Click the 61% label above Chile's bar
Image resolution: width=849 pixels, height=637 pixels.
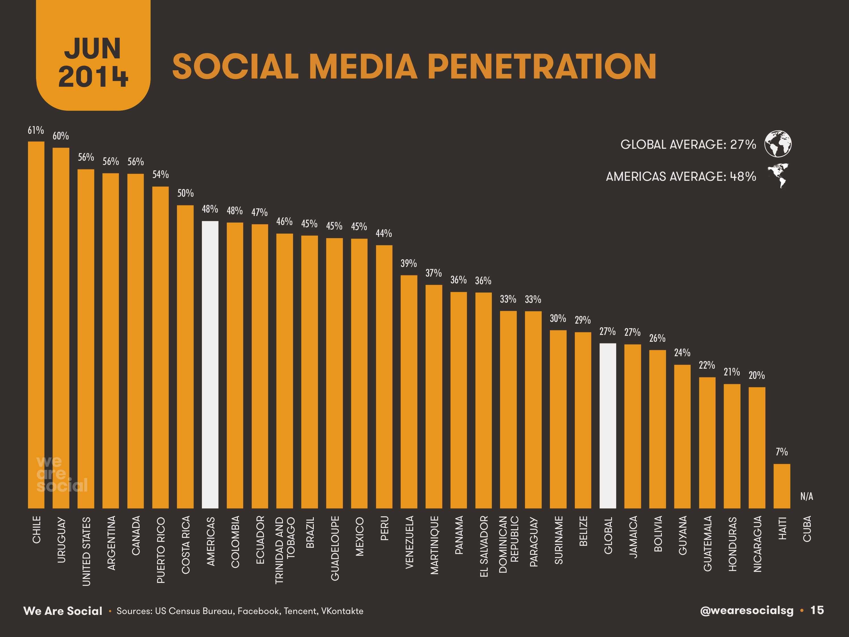point(36,131)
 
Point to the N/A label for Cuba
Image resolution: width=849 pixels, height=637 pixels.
point(807,496)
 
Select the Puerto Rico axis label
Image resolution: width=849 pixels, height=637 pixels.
point(161,550)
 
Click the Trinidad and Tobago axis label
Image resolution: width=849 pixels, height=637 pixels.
point(285,550)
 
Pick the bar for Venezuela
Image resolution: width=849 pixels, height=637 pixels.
point(409,392)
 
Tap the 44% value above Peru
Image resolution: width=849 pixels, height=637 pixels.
point(383,233)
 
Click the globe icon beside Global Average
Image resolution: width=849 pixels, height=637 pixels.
point(778,144)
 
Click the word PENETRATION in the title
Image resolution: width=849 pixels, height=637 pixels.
point(541,66)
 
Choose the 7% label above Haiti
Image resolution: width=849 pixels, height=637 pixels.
point(781,452)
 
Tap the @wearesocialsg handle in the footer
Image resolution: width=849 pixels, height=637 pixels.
point(746,611)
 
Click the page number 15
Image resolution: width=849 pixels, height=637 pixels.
point(817,610)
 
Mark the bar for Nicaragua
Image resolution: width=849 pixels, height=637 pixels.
point(756,447)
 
